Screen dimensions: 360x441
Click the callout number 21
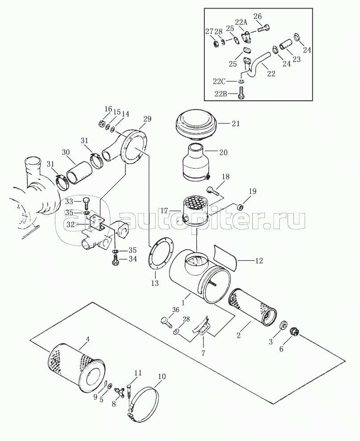(x=236, y=123)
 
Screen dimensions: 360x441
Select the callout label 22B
(x=221, y=93)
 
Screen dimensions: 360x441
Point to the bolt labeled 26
(x=264, y=29)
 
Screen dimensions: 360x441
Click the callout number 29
(x=147, y=119)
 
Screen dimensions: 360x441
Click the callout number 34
(x=132, y=258)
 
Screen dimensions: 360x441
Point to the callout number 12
(x=259, y=261)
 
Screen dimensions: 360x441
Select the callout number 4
(x=87, y=339)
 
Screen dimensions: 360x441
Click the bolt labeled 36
(x=166, y=322)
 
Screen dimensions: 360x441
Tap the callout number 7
(x=203, y=353)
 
